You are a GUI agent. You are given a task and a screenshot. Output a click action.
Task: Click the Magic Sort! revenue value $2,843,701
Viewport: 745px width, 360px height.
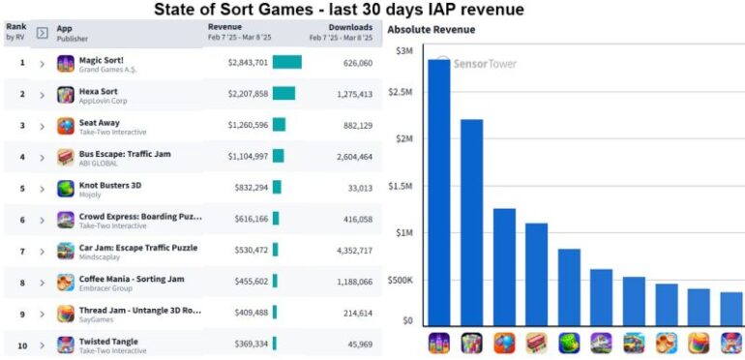coord(248,63)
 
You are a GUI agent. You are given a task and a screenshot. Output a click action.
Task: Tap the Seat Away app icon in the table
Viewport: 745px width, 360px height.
coord(65,125)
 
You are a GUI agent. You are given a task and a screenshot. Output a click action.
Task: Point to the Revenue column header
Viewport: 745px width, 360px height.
coord(225,28)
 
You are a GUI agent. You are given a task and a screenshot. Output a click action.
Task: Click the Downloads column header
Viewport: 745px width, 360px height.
coord(349,28)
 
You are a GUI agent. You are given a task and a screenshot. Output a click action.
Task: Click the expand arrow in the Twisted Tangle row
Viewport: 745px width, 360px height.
coord(42,344)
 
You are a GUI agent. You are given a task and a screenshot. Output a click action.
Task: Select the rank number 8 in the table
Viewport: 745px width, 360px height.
coord(22,282)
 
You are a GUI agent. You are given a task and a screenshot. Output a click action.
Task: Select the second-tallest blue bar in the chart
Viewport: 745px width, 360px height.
coord(471,223)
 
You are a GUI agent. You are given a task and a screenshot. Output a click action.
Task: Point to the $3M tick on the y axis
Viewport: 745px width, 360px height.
coord(404,50)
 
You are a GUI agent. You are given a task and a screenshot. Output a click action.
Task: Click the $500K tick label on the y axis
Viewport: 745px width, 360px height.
coord(401,280)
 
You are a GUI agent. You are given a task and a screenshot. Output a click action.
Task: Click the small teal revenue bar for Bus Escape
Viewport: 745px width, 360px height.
coord(278,156)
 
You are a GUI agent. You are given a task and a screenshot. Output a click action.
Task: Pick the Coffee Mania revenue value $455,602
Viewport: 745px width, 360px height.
coord(248,282)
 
